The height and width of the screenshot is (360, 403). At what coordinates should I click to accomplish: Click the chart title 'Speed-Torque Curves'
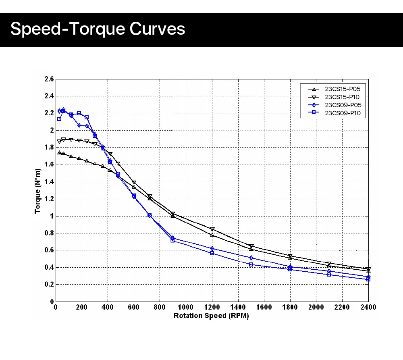98,29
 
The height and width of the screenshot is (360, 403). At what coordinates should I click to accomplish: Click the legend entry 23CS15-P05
342,89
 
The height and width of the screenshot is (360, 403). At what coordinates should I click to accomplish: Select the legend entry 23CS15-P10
342,97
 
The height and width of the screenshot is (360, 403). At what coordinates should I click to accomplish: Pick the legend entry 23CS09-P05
342,105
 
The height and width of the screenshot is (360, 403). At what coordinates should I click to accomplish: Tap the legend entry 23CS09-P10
342,113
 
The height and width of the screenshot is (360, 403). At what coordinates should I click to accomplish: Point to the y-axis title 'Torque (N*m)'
37,191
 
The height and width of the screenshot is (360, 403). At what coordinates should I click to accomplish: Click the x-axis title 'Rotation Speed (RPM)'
211,316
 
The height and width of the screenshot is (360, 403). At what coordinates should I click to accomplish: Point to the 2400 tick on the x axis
368,308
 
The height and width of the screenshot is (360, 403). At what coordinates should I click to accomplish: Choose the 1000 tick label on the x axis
185,308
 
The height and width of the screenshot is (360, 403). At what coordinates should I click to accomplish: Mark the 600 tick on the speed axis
133,308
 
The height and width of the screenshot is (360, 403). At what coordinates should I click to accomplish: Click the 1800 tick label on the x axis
290,308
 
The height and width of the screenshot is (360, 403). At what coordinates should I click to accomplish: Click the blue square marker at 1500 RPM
251,264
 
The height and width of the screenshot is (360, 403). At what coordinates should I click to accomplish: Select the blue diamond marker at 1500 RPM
251,258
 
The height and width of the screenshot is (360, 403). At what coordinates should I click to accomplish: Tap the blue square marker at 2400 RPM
368,279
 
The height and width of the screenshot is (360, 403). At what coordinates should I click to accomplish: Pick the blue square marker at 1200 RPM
212,253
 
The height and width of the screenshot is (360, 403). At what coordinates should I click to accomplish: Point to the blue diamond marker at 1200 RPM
212,248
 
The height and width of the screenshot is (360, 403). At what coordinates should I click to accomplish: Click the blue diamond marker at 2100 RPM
329,271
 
